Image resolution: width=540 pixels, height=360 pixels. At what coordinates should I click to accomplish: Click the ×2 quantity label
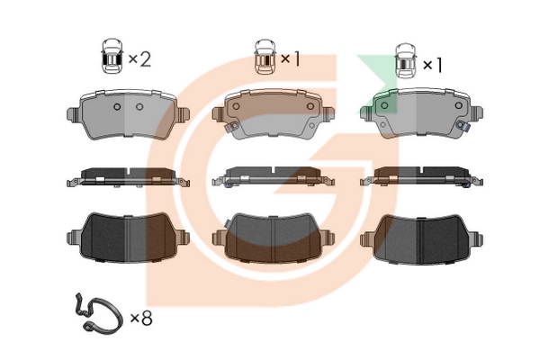tap(139, 59)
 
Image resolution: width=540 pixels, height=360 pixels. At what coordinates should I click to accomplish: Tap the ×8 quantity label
tap(141, 319)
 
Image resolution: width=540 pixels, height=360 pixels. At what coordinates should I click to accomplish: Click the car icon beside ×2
tap(112, 56)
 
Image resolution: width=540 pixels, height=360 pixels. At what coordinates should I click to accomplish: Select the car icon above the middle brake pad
tap(265, 57)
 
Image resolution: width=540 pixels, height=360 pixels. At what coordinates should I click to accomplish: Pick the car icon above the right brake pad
tap(406, 61)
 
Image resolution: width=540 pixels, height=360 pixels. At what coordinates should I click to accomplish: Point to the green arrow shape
tap(377, 84)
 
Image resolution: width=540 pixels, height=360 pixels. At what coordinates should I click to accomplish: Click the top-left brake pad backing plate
tap(128, 114)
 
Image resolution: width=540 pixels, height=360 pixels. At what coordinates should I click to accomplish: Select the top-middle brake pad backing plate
tap(274, 114)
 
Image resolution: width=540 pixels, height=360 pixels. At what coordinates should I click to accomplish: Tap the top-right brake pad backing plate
tap(421, 113)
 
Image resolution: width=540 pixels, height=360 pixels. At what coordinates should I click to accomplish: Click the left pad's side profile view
tap(128, 177)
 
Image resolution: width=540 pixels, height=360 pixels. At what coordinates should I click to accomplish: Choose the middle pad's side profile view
tap(274, 177)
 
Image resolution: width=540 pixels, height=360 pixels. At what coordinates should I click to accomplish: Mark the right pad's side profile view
tap(421, 177)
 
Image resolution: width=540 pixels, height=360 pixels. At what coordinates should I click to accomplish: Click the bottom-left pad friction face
tap(128, 238)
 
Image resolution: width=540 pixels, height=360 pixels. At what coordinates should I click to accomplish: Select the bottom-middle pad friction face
tap(274, 238)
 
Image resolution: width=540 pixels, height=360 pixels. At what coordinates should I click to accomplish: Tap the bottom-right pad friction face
tap(421, 239)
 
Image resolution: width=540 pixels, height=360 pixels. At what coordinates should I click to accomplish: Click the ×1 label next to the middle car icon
tap(291, 58)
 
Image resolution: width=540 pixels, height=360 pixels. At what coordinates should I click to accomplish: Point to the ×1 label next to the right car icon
tap(432, 65)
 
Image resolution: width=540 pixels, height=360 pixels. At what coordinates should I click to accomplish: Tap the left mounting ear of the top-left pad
tap(73, 114)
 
